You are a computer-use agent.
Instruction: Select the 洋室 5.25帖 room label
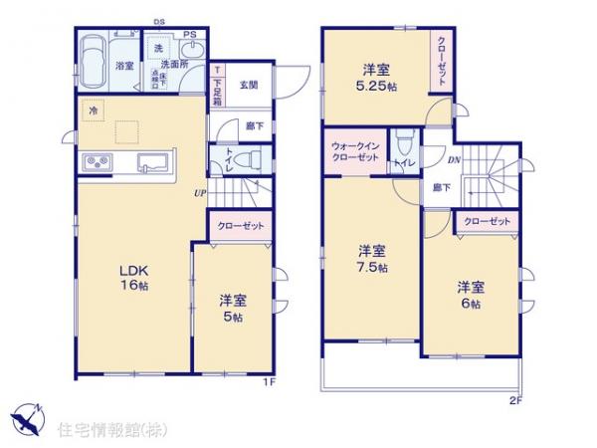(374, 77)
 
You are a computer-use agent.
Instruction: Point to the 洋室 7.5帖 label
(375, 259)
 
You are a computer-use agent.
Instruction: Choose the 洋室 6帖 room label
(471, 295)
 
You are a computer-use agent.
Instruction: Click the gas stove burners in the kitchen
(100, 162)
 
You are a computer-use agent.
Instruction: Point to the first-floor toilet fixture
(250, 158)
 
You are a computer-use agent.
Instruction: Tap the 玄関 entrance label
(249, 87)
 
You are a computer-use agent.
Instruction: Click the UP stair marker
(199, 194)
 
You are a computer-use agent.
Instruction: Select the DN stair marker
(454, 160)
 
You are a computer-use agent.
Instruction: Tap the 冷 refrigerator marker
(93, 111)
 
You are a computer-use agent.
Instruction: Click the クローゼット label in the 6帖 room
(487, 221)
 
